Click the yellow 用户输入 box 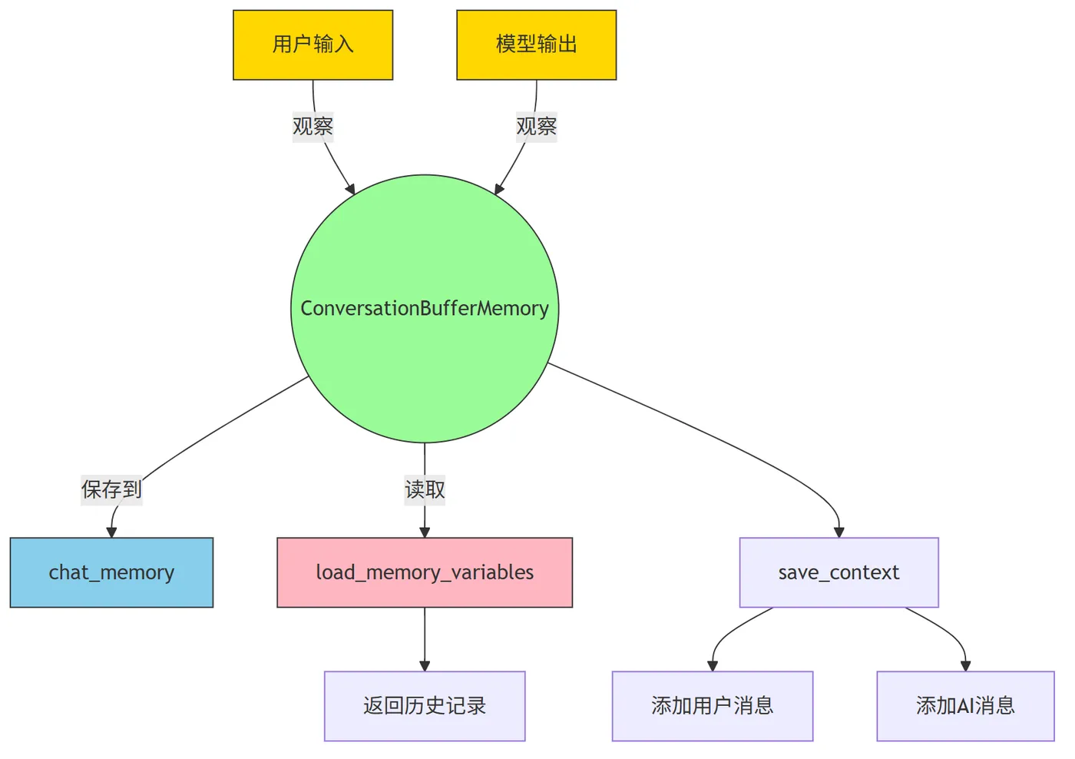pyautogui.click(x=313, y=45)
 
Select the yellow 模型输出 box pyautogui.click(x=537, y=45)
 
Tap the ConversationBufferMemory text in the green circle pyautogui.click(x=424, y=308)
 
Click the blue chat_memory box pyautogui.click(x=111, y=572)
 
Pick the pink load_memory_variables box pyautogui.click(x=425, y=572)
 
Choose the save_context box pyautogui.click(x=838, y=572)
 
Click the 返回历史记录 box pyautogui.click(x=425, y=706)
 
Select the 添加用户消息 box pyautogui.click(x=713, y=706)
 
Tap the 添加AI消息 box pyautogui.click(x=966, y=706)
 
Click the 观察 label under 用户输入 pyautogui.click(x=313, y=126)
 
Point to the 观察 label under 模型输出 pyautogui.click(x=537, y=126)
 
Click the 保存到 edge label pyautogui.click(x=111, y=489)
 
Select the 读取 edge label pyautogui.click(x=425, y=489)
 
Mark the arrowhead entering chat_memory pyautogui.click(x=111, y=532)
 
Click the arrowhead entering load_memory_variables pyautogui.click(x=425, y=532)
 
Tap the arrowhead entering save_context pyautogui.click(x=838, y=532)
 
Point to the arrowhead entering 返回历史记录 pyautogui.click(x=425, y=666)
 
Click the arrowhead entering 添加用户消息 pyautogui.click(x=713, y=666)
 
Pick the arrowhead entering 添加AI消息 pyautogui.click(x=966, y=666)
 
